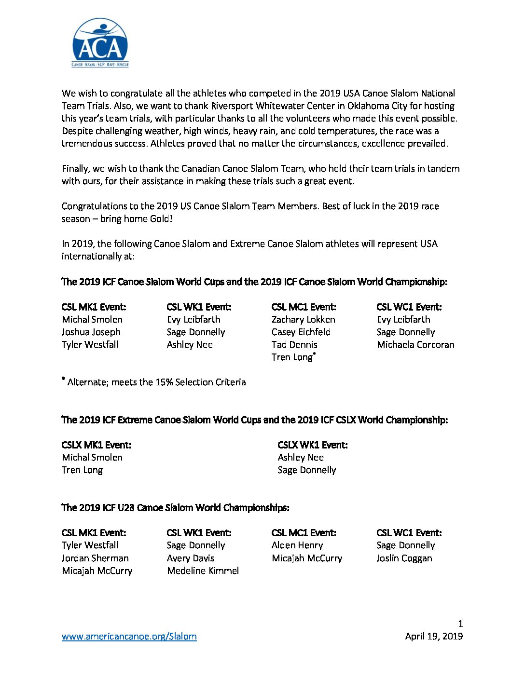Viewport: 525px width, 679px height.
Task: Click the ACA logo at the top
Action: click(100, 43)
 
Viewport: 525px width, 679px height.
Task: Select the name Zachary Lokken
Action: click(303, 319)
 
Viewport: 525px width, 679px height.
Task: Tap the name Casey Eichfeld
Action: click(301, 332)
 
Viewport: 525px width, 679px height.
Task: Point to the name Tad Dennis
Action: click(294, 344)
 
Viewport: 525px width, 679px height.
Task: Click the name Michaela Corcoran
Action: click(415, 344)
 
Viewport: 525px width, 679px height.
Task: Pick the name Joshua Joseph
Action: click(91, 332)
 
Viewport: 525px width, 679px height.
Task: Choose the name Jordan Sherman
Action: click(95, 558)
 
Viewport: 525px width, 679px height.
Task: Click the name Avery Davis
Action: click(190, 558)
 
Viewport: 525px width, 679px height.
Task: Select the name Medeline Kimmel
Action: click(203, 570)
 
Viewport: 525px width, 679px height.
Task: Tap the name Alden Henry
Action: click(297, 545)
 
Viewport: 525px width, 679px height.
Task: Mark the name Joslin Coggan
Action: click(404, 558)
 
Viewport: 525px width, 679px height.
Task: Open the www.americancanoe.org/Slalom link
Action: click(129, 636)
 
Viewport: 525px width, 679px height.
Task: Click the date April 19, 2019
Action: click(434, 636)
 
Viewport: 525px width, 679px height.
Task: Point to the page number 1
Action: click(460, 624)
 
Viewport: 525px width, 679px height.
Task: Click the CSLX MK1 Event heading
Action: click(96, 445)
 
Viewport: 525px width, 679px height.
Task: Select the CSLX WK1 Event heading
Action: click(312, 445)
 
